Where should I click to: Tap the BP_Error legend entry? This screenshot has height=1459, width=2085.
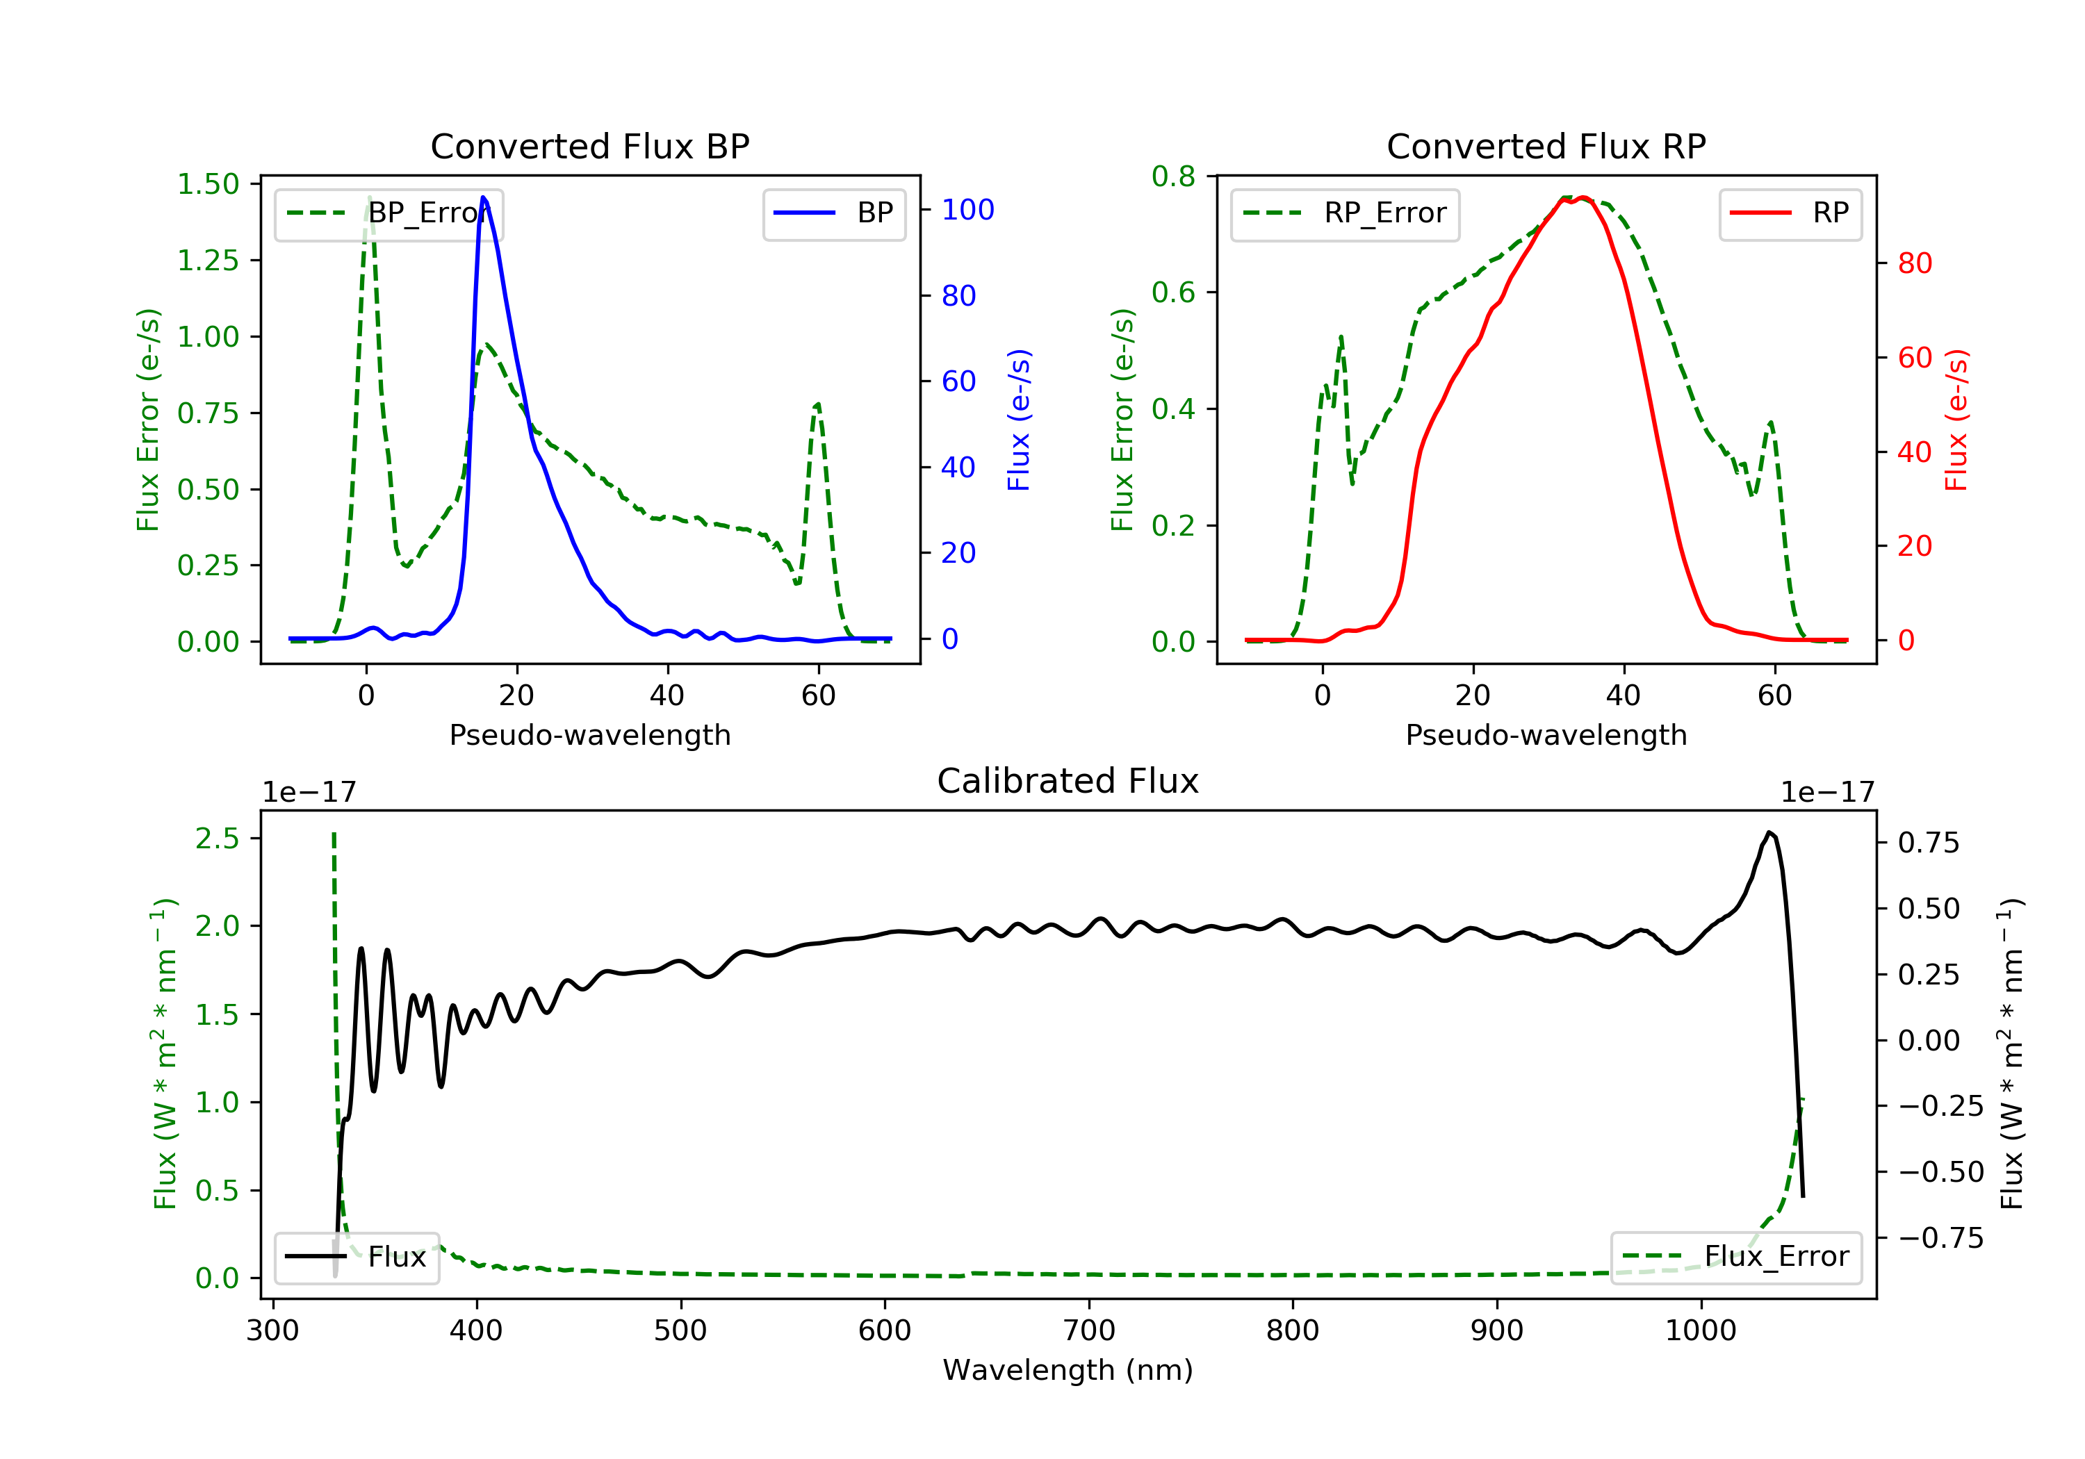pyautogui.click(x=389, y=213)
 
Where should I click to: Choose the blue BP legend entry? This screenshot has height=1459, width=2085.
pyautogui.click(x=833, y=213)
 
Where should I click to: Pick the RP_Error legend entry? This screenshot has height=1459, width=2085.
pyautogui.click(x=1345, y=213)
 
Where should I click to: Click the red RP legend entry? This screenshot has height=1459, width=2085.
pyautogui.click(x=1790, y=213)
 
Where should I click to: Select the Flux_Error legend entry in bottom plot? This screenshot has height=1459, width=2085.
pyautogui.click(x=1735, y=1257)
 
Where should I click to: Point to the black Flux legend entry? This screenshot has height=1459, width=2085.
pyautogui.click(x=357, y=1257)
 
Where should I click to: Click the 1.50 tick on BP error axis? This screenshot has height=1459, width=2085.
pyautogui.click(x=208, y=184)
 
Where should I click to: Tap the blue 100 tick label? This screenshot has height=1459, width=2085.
pyautogui.click(x=967, y=210)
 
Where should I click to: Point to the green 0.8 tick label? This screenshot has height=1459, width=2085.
pyautogui.click(x=1173, y=176)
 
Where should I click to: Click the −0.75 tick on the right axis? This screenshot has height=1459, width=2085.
pyautogui.click(x=1940, y=1237)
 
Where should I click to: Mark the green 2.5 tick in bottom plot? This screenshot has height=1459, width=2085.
pyautogui.click(x=217, y=838)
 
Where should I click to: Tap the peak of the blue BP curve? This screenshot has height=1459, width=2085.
pyautogui.click(x=483, y=197)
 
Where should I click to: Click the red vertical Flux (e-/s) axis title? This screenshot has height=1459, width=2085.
pyautogui.click(x=1956, y=420)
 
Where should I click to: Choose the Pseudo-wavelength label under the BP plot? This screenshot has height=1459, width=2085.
pyautogui.click(x=589, y=734)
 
